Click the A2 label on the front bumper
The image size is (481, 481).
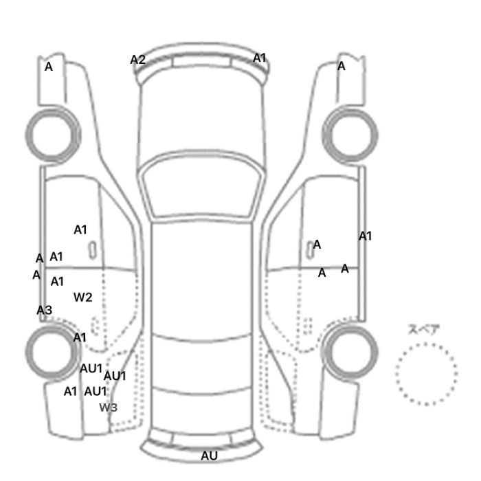tap(137, 60)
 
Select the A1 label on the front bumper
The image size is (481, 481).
tap(259, 58)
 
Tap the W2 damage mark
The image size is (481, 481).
tap(83, 297)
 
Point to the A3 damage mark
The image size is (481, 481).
tap(45, 310)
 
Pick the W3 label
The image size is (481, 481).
tap(109, 407)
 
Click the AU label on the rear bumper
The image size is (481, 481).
tap(209, 456)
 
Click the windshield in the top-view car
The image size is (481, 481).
tap(201, 185)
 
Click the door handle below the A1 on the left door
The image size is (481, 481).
tap(92, 249)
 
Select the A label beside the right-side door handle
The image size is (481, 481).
tap(317, 245)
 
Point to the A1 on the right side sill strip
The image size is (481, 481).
tap(365, 236)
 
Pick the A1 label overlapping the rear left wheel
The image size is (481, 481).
tap(80, 337)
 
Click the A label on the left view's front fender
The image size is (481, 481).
tap(49, 67)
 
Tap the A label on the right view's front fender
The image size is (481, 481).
tap(341, 66)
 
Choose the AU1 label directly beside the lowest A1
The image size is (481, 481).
tap(96, 391)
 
